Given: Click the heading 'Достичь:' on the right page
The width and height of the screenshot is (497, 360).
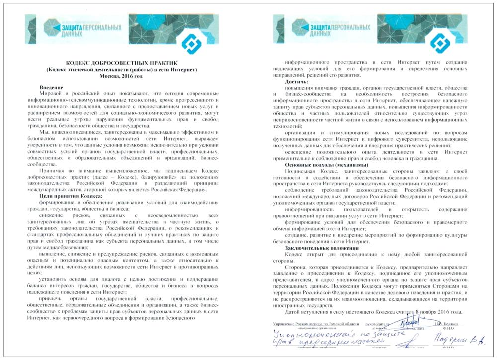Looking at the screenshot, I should coord(297,81).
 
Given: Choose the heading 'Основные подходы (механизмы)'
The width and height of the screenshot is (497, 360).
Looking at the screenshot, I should coord(326,165).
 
